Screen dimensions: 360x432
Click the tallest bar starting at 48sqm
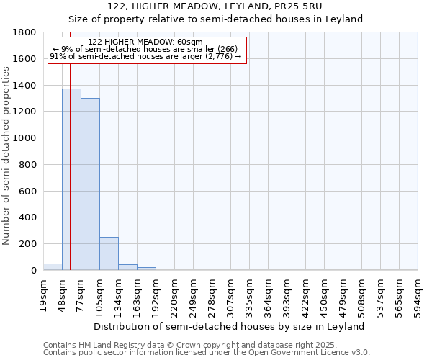(x=71, y=179)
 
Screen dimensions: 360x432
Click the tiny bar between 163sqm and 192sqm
(x=146, y=269)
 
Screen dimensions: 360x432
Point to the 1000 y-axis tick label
(x=26, y=138)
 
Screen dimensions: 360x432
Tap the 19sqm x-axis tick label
(x=43, y=294)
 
